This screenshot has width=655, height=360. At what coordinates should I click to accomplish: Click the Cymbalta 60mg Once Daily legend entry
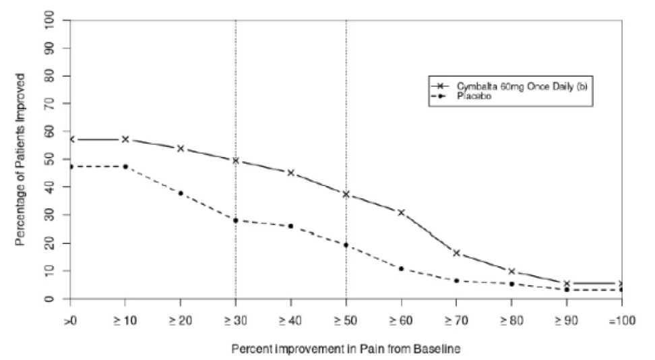coord(512,86)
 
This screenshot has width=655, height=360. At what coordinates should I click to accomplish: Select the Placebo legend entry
coord(472,96)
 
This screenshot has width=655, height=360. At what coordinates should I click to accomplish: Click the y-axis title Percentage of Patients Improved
coord(21,159)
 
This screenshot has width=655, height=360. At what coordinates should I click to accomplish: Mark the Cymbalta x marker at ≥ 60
coord(401,212)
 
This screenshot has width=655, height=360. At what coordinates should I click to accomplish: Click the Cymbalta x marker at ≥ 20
coord(181,148)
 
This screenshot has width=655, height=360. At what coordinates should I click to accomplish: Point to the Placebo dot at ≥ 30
coord(236,220)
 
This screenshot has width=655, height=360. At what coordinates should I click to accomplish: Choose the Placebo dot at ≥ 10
coord(125,167)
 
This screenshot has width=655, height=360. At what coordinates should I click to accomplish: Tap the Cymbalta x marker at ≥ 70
coord(456,253)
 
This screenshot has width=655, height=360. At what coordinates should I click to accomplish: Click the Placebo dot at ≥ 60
coord(401,268)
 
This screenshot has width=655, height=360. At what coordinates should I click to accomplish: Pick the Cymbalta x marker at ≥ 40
coord(290,173)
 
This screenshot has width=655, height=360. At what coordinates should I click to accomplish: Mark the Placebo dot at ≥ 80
coord(511,284)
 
